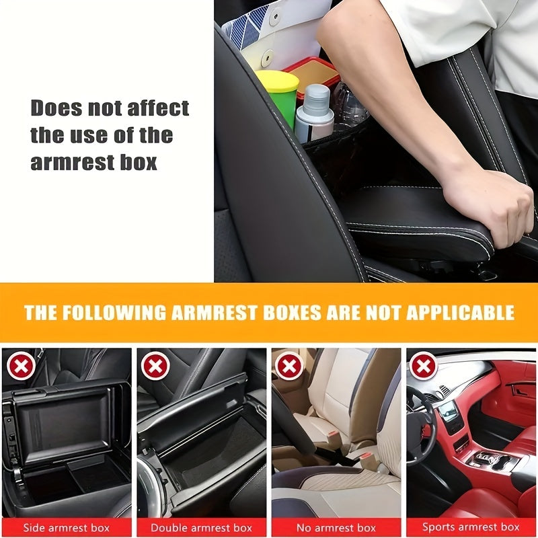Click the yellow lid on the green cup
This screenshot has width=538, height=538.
pyautogui.click(x=276, y=81)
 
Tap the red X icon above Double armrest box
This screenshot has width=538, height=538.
pyautogui.click(x=155, y=367)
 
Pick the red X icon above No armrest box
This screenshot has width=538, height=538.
pyautogui.click(x=289, y=367)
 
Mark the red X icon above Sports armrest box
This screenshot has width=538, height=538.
pyautogui.click(x=424, y=367)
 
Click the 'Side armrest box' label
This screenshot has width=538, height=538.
pyautogui.click(x=67, y=527)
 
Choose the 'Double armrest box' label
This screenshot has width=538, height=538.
pyautogui.click(x=201, y=527)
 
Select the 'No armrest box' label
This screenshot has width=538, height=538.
pyautogui.click(x=336, y=527)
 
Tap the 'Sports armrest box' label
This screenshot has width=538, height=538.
pyautogui.click(x=470, y=527)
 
